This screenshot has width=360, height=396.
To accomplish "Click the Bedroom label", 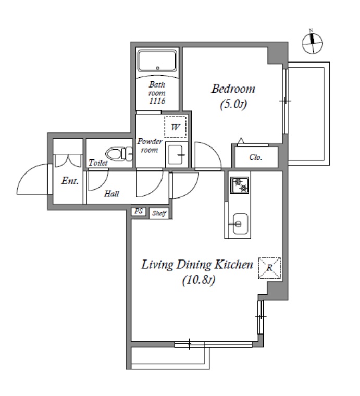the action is tap(233, 89).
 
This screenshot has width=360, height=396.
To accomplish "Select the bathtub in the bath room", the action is tap(157, 60).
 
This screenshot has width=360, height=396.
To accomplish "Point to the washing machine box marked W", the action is tap(176, 127).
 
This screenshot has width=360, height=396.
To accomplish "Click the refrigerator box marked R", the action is tap(269, 268).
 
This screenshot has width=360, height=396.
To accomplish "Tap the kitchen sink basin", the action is tap(240, 224).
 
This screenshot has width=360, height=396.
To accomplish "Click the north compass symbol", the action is tap(313, 42).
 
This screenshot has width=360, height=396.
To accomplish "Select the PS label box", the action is tap(139, 211).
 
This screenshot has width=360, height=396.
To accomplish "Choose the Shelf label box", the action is tap(159, 213).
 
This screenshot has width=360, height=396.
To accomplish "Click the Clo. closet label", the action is tap(255, 157).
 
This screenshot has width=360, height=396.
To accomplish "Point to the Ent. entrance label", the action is tap(70, 181).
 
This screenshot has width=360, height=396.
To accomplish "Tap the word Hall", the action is tap(111, 194).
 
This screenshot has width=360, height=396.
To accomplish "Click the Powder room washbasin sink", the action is tap(177, 155).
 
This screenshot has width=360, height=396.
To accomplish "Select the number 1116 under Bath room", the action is tap(157, 101).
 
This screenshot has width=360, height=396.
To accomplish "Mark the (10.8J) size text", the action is tap(198, 280).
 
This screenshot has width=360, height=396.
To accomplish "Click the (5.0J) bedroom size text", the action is tap(233, 105).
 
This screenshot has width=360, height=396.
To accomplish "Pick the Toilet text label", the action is tap(98, 163).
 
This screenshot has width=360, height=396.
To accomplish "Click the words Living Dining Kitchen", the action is tap(197, 265).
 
